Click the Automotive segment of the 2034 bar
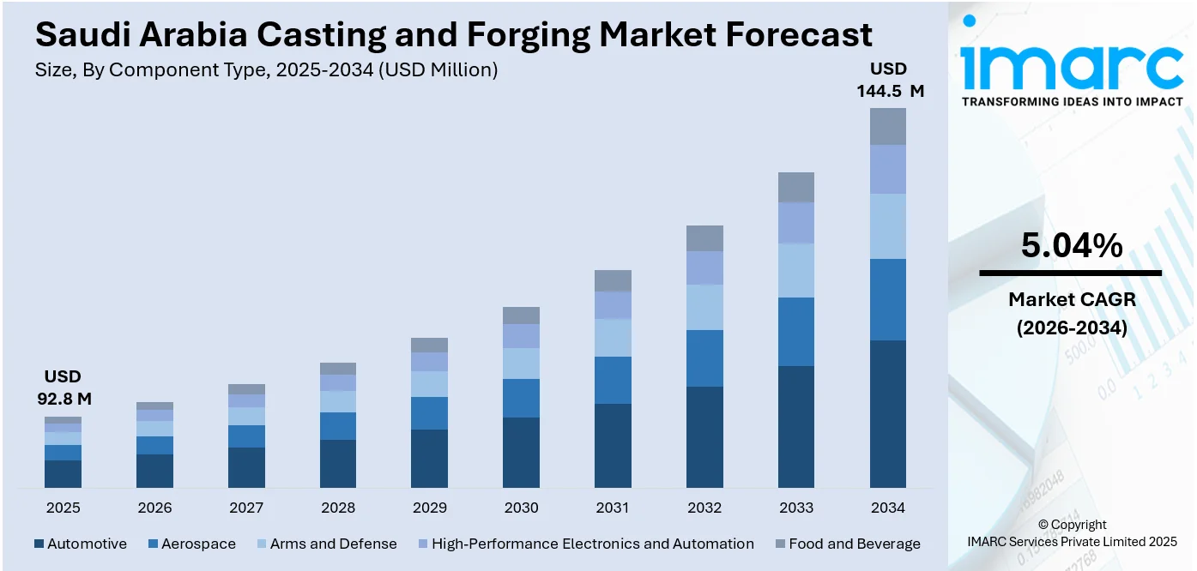tap(888, 414)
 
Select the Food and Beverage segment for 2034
tap(888, 126)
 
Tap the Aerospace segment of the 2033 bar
tap(796, 332)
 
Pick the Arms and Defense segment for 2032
tap(704, 307)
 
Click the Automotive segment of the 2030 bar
tap(521, 453)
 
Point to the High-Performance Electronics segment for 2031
tap(613, 305)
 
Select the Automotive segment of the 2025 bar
tap(63, 474)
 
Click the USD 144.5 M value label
tap(890, 80)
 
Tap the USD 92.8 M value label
tap(63, 388)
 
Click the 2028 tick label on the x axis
tap(338, 508)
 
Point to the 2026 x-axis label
tap(154, 508)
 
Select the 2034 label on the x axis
tap(888, 508)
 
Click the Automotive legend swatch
tap(39, 544)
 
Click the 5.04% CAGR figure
tap(1071, 246)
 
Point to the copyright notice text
tap(1072, 532)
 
